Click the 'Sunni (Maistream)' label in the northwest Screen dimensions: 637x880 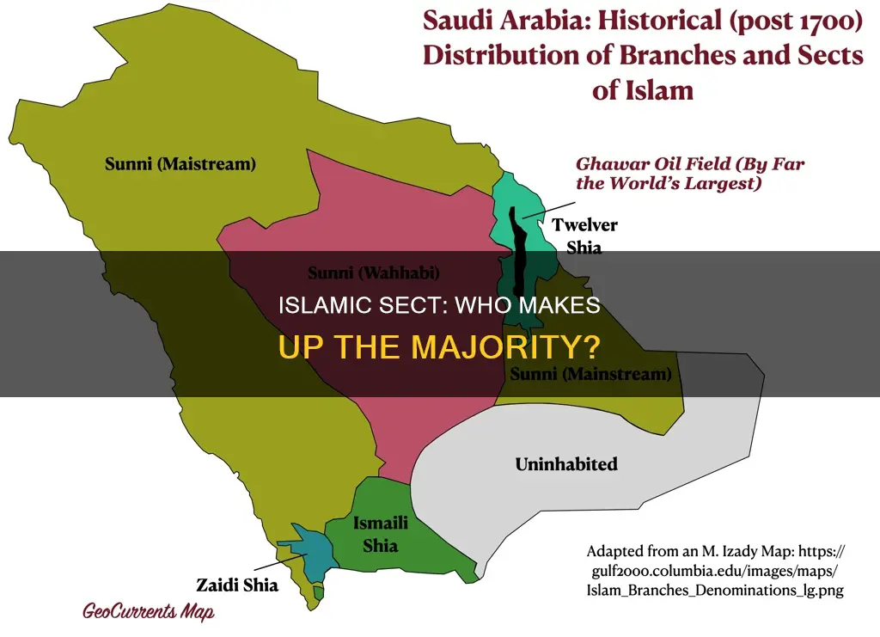click(x=180, y=163)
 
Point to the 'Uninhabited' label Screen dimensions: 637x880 click(x=565, y=464)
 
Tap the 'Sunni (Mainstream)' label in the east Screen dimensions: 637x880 click(x=590, y=374)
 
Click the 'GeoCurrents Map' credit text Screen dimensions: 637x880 click(x=149, y=611)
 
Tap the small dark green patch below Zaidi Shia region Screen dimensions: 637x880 click(x=319, y=591)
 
